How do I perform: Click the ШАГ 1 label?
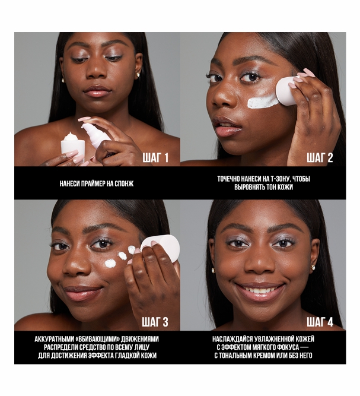pos(155,158)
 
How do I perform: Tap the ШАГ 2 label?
pos(320,158)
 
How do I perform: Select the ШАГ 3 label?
pos(155,322)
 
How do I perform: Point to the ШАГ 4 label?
pos(320,322)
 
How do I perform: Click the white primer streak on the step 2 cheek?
pos(262,102)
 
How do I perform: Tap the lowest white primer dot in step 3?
pos(110,264)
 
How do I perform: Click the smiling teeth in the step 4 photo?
pos(260,290)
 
